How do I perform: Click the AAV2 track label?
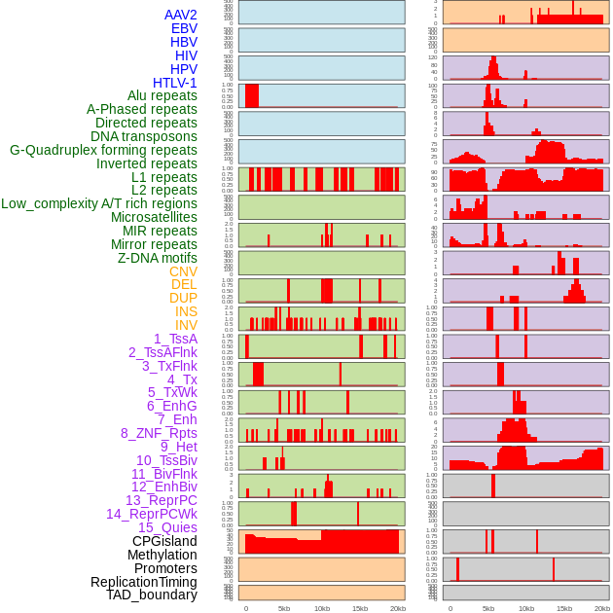click(x=181, y=15)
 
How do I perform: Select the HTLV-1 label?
click(x=175, y=83)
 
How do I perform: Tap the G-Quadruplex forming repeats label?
click(x=103, y=150)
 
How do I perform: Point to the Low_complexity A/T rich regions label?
click(x=99, y=203)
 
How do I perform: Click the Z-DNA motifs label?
click(x=158, y=258)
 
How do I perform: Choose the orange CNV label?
click(x=183, y=271)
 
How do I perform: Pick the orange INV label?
click(x=186, y=325)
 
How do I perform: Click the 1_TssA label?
click(x=175, y=339)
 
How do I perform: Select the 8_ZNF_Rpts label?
click(x=159, y=433)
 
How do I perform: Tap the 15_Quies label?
click(x=167, y=527)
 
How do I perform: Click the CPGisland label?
click(x=164, y=541)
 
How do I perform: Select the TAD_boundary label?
click(x=152, y=595)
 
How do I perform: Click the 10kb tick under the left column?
click(x=322, y=608)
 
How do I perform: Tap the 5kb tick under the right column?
click(x=488, y=608)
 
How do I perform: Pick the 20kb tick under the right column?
click(x=602, y=608)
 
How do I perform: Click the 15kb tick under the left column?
click(x=360, y=608)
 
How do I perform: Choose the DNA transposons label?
click(x=144, y=136)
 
